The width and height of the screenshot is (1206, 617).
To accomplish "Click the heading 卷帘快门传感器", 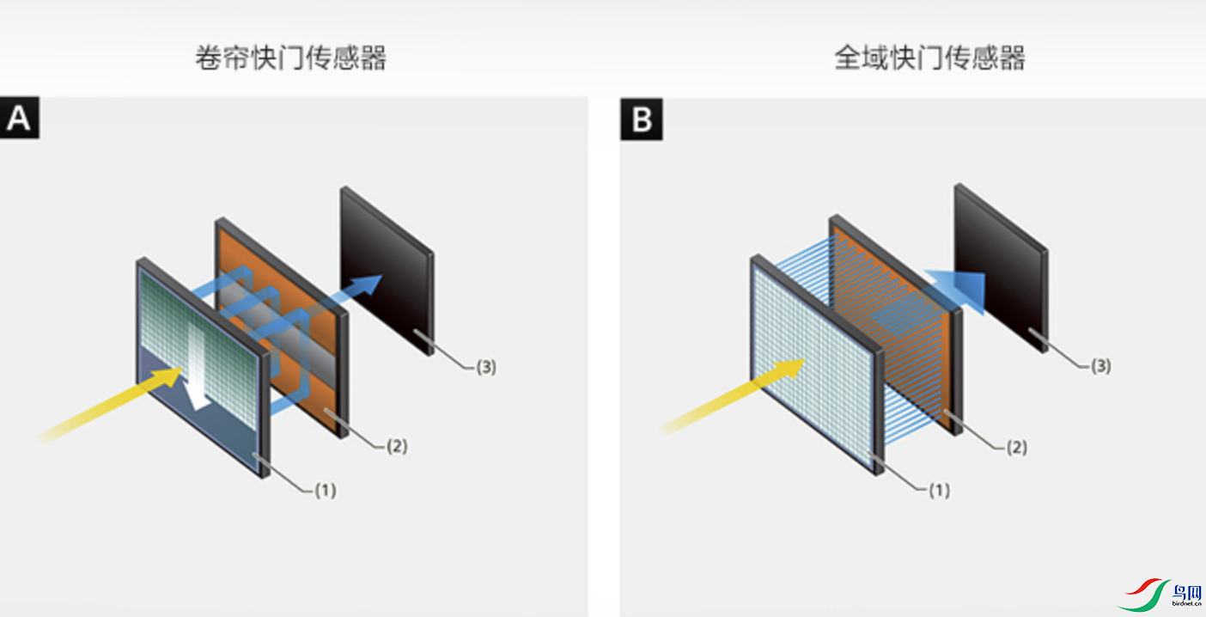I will tap(290, 58).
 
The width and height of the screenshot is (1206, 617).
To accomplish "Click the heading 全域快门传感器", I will tap(930, 58).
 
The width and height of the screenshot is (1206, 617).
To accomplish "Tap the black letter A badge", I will tap(19, 119).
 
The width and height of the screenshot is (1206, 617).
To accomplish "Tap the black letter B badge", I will tap(641, 119).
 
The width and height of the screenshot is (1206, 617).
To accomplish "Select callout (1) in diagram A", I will tap(325, 491).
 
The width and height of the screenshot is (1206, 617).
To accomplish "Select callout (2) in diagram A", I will tap(396, 446).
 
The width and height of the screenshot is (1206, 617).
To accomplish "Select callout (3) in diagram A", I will tap(485, 367).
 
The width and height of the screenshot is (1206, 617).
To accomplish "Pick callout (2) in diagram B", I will tap(1016, 447).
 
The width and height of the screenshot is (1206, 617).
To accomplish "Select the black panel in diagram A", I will tap(387, 266).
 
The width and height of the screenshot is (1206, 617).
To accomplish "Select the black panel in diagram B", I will tap(1001, 262).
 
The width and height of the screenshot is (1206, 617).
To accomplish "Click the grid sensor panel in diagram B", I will tap(812, 361).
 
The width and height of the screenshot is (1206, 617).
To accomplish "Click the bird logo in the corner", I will tap(1160, 595).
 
